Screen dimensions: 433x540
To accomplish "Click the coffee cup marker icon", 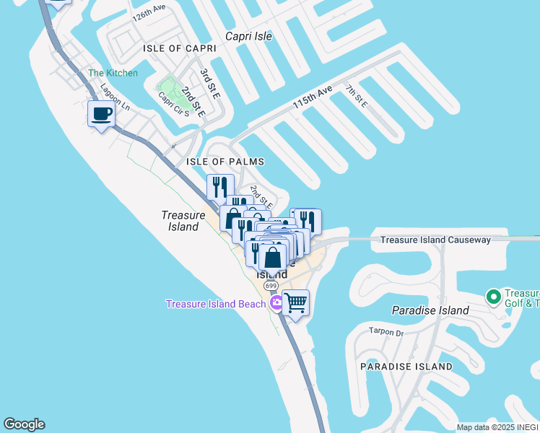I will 100,113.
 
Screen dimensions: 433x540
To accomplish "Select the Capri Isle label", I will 248,35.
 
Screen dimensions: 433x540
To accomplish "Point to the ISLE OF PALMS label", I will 225,162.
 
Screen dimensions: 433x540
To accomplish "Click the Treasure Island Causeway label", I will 435,240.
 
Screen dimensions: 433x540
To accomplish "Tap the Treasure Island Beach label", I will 216,304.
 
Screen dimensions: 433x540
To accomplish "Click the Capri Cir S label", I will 173,106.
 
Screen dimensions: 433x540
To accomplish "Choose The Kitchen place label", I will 113,73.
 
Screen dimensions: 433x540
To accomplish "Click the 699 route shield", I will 271,287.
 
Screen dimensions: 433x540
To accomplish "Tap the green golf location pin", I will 494,297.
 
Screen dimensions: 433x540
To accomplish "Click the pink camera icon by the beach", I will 275,304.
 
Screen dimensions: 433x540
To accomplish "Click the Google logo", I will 24,424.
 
